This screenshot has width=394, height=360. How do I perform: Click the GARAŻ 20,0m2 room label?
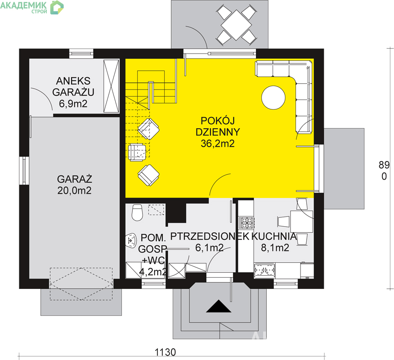pos(74,185)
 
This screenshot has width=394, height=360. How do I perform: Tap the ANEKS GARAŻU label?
pos(73,87)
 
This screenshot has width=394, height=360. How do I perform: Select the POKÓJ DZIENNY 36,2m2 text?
pos(218,132)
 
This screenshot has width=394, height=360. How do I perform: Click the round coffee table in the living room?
pos(273,98)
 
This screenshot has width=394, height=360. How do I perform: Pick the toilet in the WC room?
pos(137,212)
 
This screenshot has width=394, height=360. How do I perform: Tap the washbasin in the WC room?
pos(131,240)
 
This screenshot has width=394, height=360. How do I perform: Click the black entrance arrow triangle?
pos(219,306)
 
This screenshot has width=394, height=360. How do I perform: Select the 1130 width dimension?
pos(165,352)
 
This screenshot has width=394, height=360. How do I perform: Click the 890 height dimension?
pos(384,171)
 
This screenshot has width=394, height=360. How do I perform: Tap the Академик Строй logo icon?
pos(57,7)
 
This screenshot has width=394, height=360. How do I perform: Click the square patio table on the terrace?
pos(236,25)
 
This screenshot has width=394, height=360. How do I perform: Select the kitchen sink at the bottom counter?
pos(264,270)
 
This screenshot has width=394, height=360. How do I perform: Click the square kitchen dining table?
pos(302,221)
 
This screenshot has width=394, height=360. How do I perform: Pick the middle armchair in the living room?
pos(137,153)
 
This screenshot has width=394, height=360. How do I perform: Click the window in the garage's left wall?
pos(24,171)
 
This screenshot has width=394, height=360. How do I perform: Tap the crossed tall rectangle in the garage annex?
pos(111,86)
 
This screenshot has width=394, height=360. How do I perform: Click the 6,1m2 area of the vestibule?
pos(209,248)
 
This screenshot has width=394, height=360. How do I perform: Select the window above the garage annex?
pos(81,54)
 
